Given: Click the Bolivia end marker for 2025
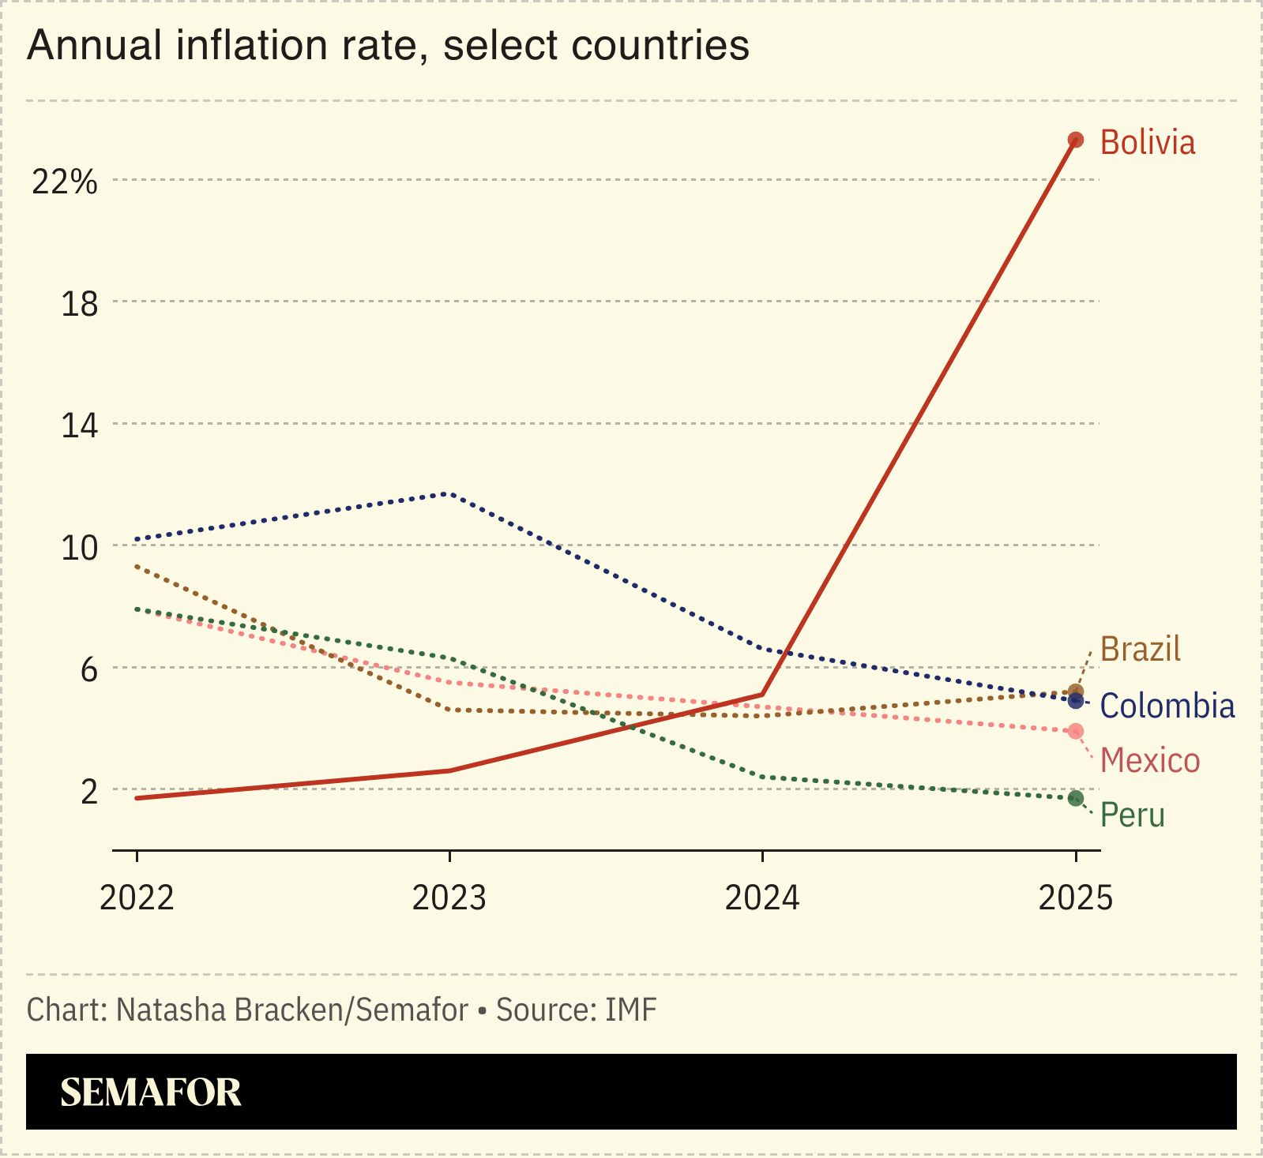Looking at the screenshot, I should [x=1075, y=141].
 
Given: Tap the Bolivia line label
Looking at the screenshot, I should [x=1147, y=143].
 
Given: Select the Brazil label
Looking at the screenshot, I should [x=1140, y=649].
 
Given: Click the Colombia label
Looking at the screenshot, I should [x=1167, y=706].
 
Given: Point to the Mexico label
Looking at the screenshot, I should [x=1149, y=761].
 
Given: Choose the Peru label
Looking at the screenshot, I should [x=1132, y=815].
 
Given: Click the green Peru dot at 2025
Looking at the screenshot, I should [x=1075, y=798].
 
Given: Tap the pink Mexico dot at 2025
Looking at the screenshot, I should [x=1075, y=731].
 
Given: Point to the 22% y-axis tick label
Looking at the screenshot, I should [x=64, y=182].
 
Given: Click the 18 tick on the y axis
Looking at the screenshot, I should [x=79, y=304].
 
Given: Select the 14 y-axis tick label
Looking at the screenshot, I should [x=79, y=426].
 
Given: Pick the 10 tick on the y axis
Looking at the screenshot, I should [x=79, y=548].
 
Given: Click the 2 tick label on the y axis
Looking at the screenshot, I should [x=88, y=792].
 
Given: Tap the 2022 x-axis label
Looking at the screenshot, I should [x=137, y=898].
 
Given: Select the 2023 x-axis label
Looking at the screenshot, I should [x=449, y=898].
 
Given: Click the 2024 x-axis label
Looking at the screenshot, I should [x=762, y=898].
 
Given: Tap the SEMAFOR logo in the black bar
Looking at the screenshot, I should [x=150, y=1092].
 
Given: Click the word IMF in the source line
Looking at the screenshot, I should [x=630, y=1010].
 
